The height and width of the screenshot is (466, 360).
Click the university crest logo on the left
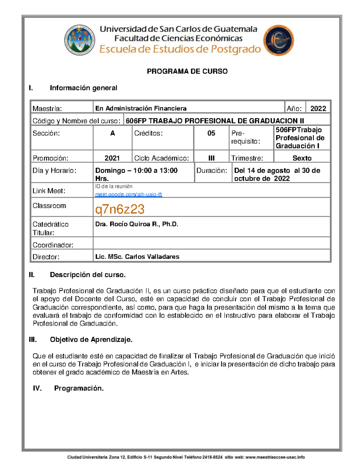tap(79, 40)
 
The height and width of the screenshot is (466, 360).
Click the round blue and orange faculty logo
tap(278, 41)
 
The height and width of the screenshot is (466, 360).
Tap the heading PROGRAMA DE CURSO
tap(187, 71)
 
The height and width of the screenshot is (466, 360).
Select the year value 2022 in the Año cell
tap(318, 109)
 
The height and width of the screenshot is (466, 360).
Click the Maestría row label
tap(47, 109)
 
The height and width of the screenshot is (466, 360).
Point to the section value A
tap(112, 133)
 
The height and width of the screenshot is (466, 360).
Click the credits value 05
tap(211, 133)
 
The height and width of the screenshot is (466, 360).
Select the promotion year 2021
tap(112, 158)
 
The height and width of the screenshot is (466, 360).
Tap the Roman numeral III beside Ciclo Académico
tap(211, 158)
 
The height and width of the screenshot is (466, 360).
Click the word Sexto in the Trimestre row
tap(302, 158)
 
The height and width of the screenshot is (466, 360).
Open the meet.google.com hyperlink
tap(128, 194)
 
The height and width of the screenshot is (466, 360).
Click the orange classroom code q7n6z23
tap(120, 209)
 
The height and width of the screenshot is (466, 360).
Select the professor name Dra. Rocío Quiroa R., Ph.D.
tap(136, 224)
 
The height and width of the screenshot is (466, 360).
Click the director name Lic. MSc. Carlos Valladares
tap(137, 257)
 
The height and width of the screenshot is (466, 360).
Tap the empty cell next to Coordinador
tap(211, 243)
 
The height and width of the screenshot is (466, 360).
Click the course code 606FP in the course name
tap(136, 121)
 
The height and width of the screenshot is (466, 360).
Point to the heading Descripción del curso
tap(88, 275)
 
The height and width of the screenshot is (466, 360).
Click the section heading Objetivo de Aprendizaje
tap(91, 340)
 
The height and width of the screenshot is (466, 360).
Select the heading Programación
tap(79, 388)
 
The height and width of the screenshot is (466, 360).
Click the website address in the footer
tap(275, 457)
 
